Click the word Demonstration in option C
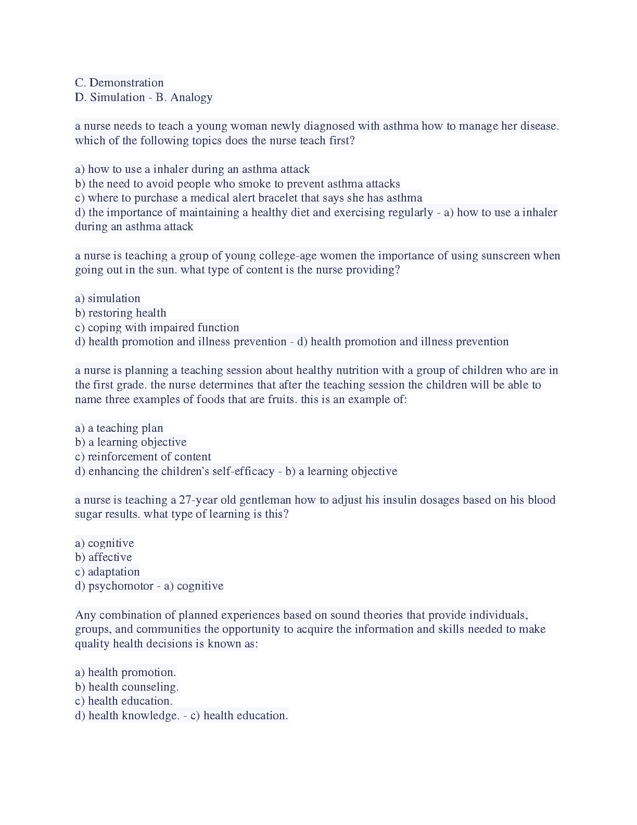[x=126, y=83]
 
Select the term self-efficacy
[x=244, y=471]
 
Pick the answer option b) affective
[x=104, y=557]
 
